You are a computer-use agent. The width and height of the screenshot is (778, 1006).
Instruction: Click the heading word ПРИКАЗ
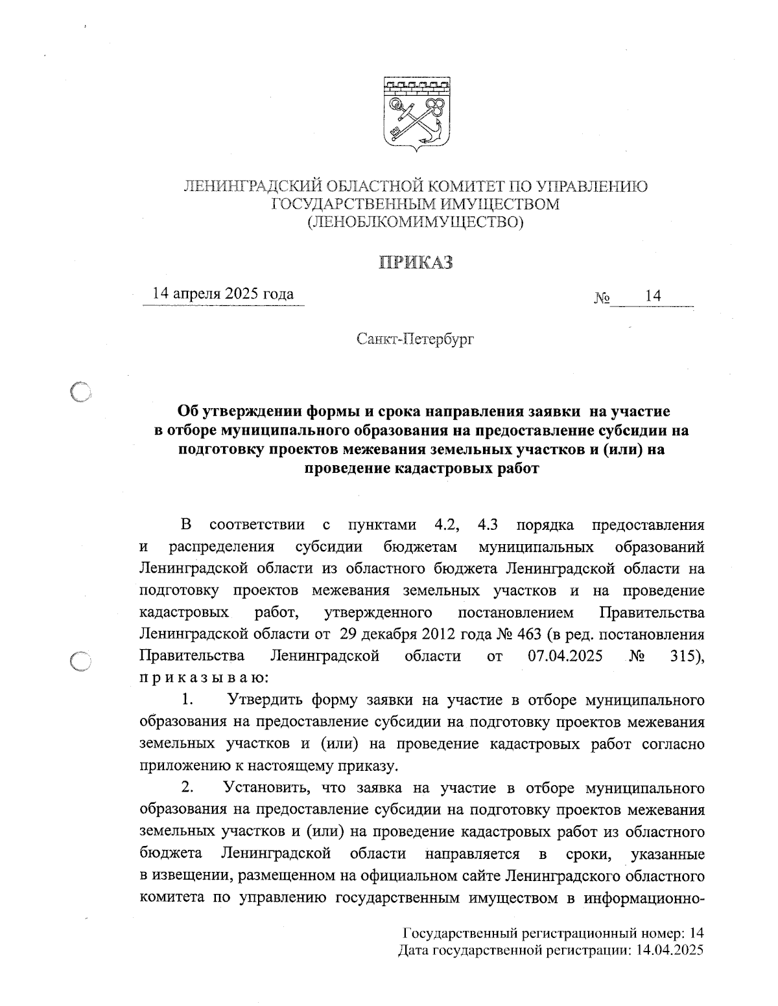tap(416, 263)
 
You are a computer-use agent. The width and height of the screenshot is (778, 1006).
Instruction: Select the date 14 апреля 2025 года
tap(222, 294)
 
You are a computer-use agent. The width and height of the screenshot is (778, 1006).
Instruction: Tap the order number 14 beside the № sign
tap(653, 296)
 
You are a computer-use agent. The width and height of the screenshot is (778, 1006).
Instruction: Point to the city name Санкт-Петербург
tap(415, 338)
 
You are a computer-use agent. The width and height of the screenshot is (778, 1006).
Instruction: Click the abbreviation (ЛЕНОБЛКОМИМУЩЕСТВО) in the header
tap(416, 223)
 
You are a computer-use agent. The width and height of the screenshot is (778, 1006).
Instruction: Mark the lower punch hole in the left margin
tap(82, 661)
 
